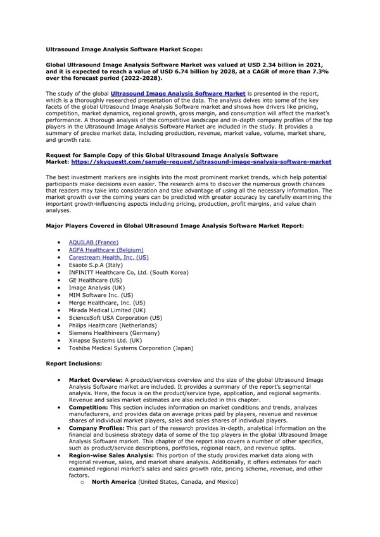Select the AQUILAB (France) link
(93, 242)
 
